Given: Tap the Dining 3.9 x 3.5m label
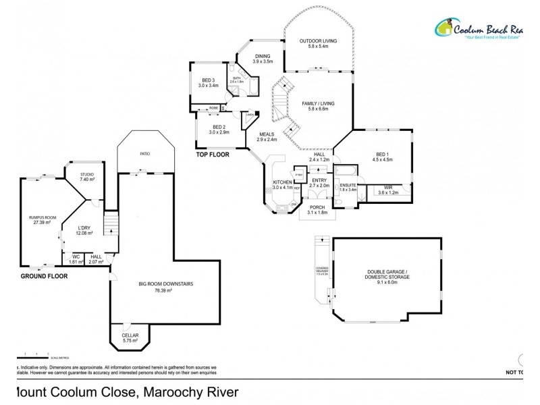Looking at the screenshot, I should (x=262, y=59).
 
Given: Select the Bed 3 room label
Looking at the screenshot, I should (x=209, y=83).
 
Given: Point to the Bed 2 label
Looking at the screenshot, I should (x=219, y=130).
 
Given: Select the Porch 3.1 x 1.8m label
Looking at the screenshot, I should (x=317, y=210).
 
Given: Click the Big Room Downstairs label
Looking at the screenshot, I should (x=164, y=286).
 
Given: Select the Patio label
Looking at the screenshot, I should (x=145, y=155).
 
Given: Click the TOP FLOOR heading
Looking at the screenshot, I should (x=213, y=155).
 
